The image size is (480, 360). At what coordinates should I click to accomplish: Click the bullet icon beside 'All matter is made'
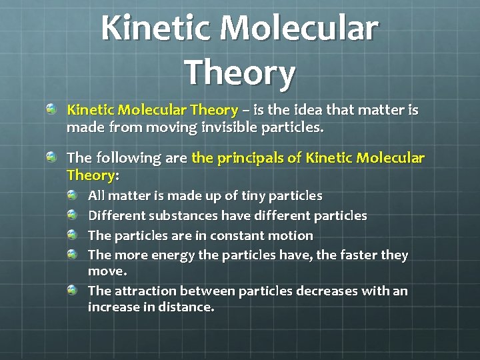[x=72, y=195]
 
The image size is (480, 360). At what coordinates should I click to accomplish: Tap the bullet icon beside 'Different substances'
[x=72, y=215]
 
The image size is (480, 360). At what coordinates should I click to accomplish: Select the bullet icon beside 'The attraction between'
[x=72, y=290]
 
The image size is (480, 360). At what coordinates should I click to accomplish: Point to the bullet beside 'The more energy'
[x=72, y=254]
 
